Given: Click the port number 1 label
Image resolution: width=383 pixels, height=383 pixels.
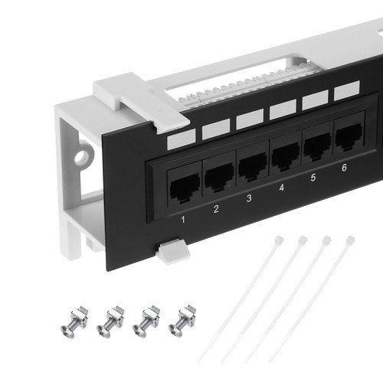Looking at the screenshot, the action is point(183,219).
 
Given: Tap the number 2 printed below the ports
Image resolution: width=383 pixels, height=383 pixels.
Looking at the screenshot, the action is point(216,209).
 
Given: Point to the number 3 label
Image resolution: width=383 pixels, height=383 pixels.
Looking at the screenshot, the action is point(249,198).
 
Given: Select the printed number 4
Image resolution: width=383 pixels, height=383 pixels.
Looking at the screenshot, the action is point(281,188).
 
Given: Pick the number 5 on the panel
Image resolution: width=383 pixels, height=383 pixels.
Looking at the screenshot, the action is point(313,178).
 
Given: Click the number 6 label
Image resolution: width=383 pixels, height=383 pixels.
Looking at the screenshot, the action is point(344,168).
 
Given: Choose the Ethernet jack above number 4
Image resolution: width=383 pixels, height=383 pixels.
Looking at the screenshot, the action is point(286,155).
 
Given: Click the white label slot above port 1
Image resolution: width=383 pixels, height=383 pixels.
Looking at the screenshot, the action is point(182,139).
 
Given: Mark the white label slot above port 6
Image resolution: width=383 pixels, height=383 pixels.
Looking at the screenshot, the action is point(347,90).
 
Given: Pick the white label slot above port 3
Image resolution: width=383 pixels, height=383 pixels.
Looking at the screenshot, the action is point(250,119).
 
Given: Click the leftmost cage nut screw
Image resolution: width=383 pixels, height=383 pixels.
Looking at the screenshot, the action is point(74,322).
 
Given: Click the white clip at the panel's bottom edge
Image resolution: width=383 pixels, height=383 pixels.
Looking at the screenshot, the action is point(174,251).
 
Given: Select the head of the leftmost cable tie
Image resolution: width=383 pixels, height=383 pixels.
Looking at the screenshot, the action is point(279,241).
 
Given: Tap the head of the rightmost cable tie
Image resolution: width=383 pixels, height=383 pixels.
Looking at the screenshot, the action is point(350,240).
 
